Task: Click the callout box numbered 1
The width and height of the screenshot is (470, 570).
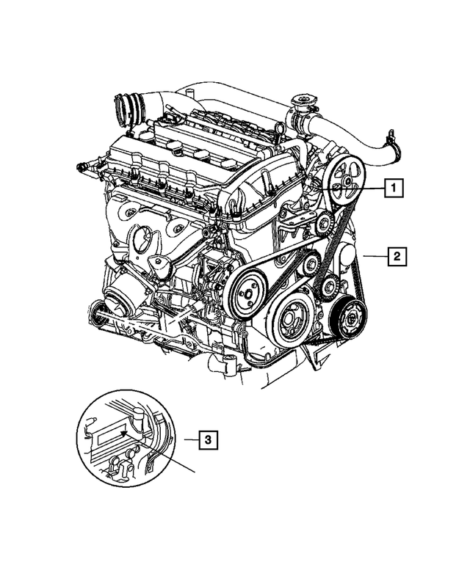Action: (x=394, y=189)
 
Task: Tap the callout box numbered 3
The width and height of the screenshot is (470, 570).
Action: (x=209, y=440)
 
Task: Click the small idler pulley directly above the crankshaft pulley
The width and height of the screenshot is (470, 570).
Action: (x=310, y=263)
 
